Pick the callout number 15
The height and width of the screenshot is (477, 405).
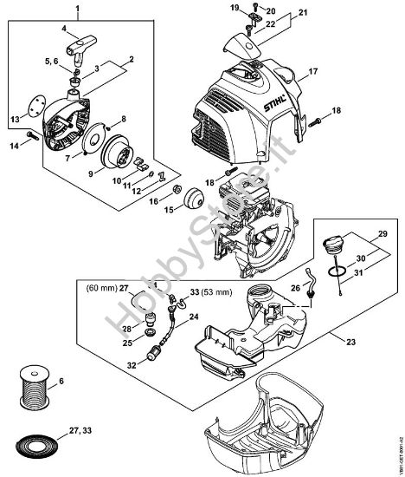(x=170, y=209)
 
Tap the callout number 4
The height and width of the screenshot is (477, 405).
(x=63, y=28)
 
